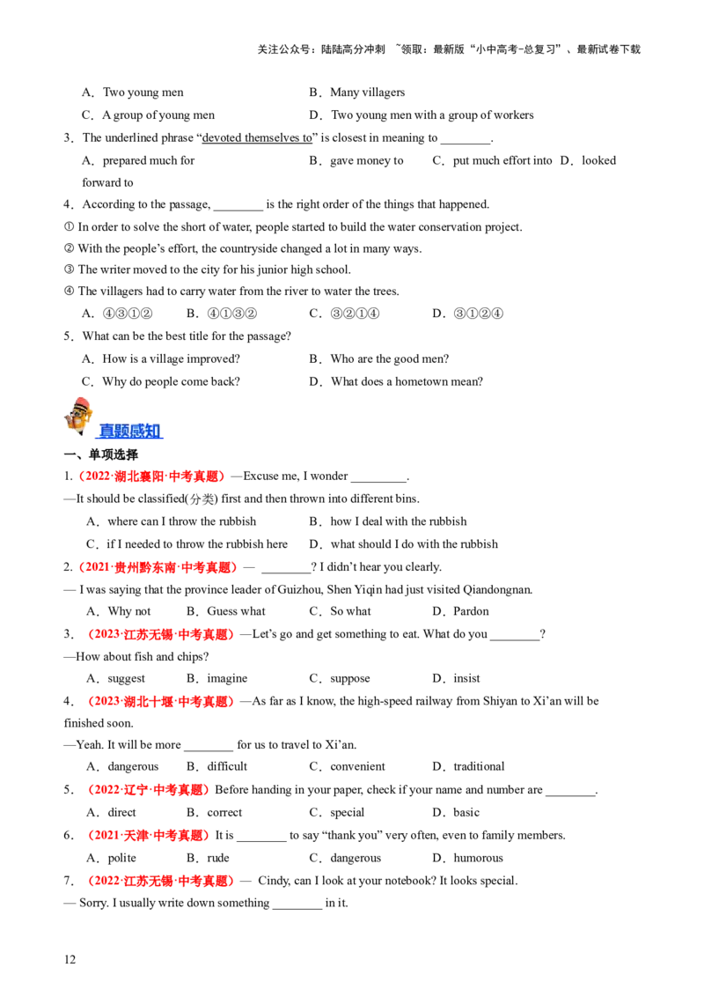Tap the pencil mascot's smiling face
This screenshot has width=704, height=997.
point(77,417)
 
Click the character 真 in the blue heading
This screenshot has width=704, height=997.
point(106,431)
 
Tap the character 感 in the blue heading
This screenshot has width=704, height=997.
point(138,431)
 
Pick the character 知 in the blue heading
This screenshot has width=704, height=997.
point(154,431)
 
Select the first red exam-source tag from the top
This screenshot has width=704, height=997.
point(151,476)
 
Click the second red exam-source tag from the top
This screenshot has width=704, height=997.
point(158,568)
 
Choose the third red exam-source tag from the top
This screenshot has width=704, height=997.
point(162,634)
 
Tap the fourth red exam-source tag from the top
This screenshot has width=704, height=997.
point(160,702)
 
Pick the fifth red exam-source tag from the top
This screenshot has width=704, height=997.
point(148,790)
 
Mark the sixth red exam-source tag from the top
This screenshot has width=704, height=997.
point(148,835)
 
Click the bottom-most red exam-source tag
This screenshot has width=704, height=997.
point(162,881)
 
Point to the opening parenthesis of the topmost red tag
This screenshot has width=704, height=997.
point(81,476)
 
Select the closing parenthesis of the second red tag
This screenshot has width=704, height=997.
point(234,568)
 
